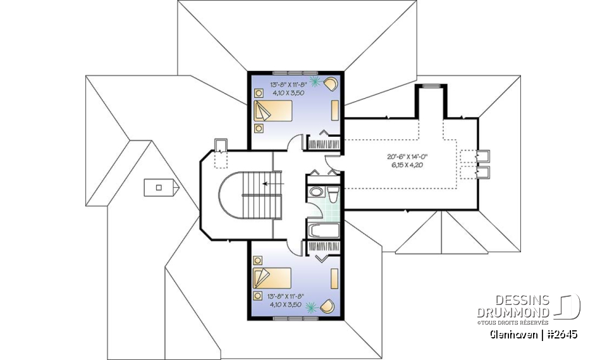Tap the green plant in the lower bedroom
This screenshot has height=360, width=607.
(311, 307)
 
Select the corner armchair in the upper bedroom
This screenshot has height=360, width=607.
(332, 83)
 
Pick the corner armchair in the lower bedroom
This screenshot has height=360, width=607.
(328, 307)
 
